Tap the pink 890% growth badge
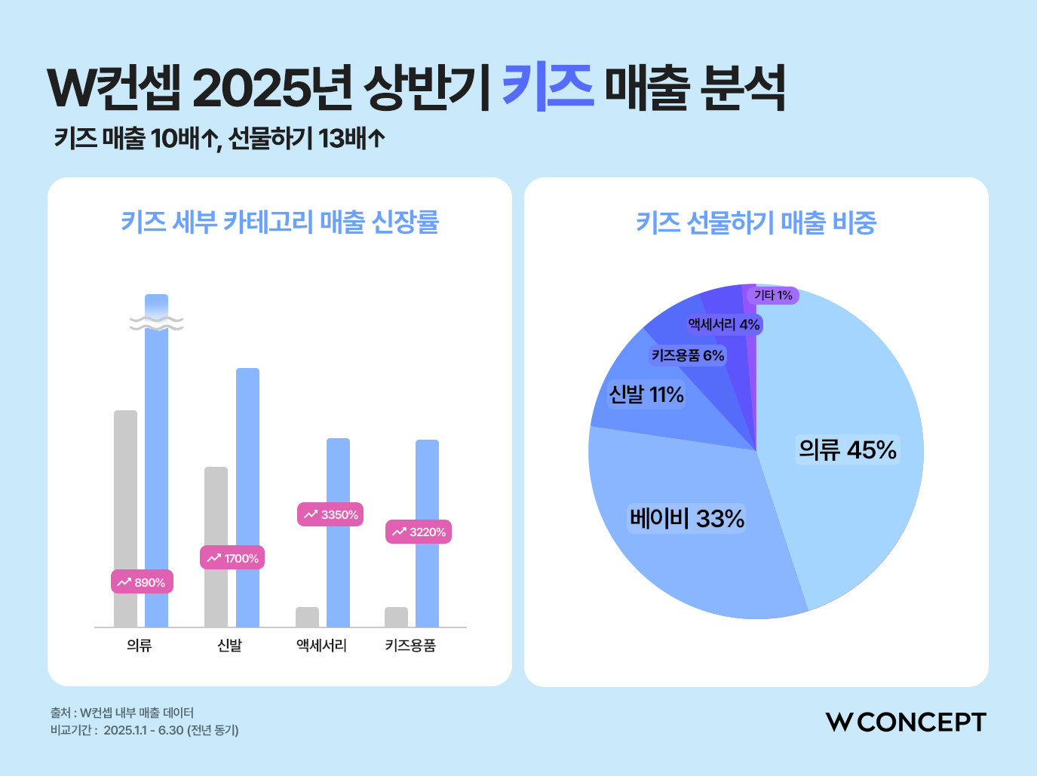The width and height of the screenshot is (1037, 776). [142, 582]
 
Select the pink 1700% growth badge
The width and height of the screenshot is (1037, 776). [232, 558]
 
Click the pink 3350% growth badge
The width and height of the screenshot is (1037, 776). [330, 514]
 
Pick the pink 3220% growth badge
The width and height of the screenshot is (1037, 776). [419, 532]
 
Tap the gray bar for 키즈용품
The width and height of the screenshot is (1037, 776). [396, 617]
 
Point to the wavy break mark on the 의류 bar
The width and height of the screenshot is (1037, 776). [156, 323]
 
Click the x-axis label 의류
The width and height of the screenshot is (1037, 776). [140, 646]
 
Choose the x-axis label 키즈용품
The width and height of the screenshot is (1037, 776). [410, 646]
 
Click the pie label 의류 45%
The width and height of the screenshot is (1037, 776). [848, 450]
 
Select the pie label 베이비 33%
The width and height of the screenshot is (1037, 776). [687, 519]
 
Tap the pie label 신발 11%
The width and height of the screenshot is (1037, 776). [646, 394]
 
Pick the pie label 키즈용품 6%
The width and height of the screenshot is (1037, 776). [687, 355]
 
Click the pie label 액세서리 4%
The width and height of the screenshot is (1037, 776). [724, 324]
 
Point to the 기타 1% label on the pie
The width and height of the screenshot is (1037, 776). [773, 295]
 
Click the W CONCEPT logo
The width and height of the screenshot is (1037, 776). [905, 722]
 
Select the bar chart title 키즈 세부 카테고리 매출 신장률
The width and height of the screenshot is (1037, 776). [280, 222]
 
